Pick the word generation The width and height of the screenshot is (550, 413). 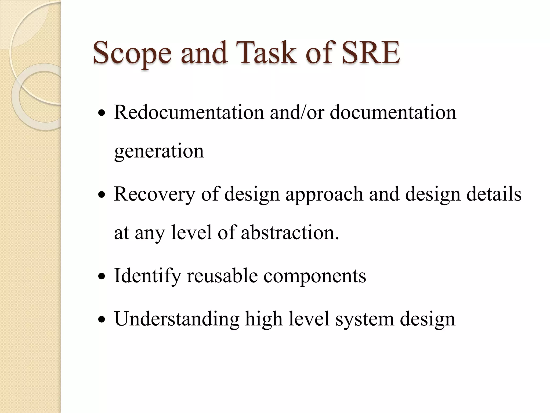click(159, 151)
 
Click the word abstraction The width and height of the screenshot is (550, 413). click(290, 233)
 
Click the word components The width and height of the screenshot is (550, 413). click(314, 276)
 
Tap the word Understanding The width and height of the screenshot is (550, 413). click(177, 319)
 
